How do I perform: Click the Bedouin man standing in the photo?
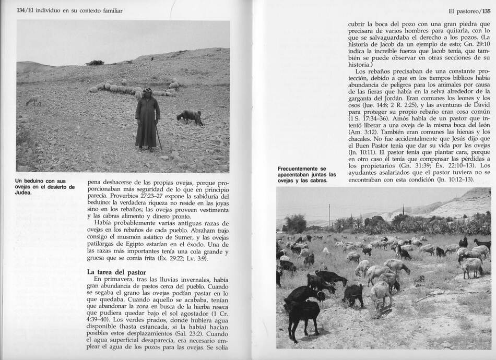pos(147,118)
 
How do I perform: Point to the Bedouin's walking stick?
pos(159,137)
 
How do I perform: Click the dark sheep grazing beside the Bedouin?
pos(190,117)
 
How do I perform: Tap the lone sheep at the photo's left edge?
pos(33,100)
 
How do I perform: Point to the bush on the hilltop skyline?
pos(95,62)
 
